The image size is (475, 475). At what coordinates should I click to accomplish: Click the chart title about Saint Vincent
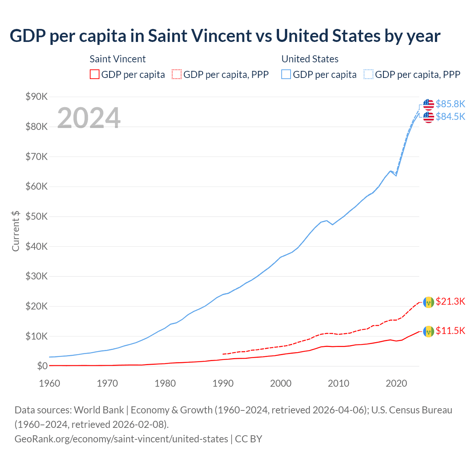point(225,36)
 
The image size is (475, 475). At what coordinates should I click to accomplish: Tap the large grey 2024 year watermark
point(89,118)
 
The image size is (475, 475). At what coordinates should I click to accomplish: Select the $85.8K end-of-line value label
point(450,104)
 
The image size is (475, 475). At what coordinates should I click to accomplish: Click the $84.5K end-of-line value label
point(450,117)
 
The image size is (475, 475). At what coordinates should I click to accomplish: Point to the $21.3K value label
point(450,301)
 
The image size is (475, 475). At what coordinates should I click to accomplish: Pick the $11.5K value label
point(450,331)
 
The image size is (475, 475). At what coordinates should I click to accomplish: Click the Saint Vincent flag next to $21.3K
point(429,302)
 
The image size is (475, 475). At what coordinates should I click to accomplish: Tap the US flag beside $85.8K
point(429,105)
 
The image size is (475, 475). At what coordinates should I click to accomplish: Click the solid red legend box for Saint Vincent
point(95,75)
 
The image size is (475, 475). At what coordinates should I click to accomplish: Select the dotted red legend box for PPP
point(177,75)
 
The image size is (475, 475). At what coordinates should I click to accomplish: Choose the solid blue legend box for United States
point(286,75)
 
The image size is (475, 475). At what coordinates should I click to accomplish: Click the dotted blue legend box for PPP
point(368,75)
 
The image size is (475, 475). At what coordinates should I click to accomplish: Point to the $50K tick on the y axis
point(36,217)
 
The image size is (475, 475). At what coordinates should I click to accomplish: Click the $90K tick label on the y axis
point(36,97)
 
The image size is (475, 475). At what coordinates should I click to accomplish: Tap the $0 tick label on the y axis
point(42,366)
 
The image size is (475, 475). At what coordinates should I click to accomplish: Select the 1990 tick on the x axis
point(223,383)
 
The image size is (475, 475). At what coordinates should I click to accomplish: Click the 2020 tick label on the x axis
point(396,383)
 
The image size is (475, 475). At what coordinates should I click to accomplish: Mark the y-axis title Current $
point(16,231)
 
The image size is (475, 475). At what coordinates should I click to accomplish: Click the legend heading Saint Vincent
point(118,59)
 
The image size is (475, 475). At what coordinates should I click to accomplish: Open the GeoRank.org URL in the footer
point(121,439)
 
